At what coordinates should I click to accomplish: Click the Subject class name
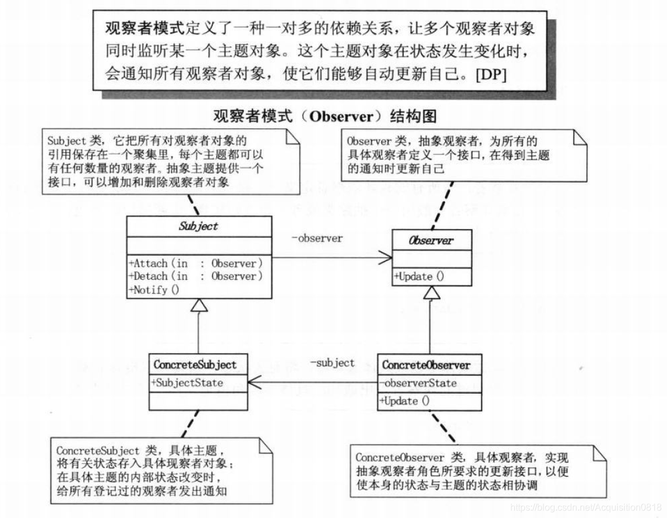pos(198,227)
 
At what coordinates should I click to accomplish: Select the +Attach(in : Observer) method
pos(196,263)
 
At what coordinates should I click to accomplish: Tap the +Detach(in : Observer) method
pos(196,276)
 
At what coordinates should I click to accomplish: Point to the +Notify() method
pos(154,290)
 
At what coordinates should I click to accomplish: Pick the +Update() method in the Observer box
pos(419,277)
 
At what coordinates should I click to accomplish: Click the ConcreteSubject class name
pos(195,365)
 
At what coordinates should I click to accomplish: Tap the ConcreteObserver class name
pos(426,365)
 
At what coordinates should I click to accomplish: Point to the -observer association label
pos(317,238)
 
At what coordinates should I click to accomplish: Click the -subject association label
pos(332,363)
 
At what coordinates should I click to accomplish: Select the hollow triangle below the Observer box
pos(430,294)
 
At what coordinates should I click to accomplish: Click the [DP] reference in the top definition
pos(491,74)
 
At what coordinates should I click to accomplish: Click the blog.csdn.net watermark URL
pos(585,508)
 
